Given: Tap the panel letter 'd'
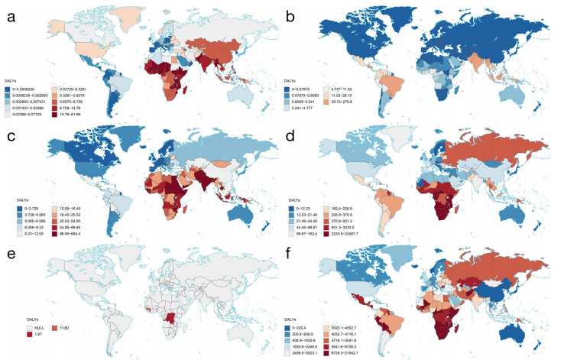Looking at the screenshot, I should point(293,133).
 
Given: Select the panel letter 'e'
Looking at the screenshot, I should point(11,251).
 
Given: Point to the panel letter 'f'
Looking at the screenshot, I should point(293,251).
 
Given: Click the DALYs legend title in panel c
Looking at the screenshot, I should point(24,198).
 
